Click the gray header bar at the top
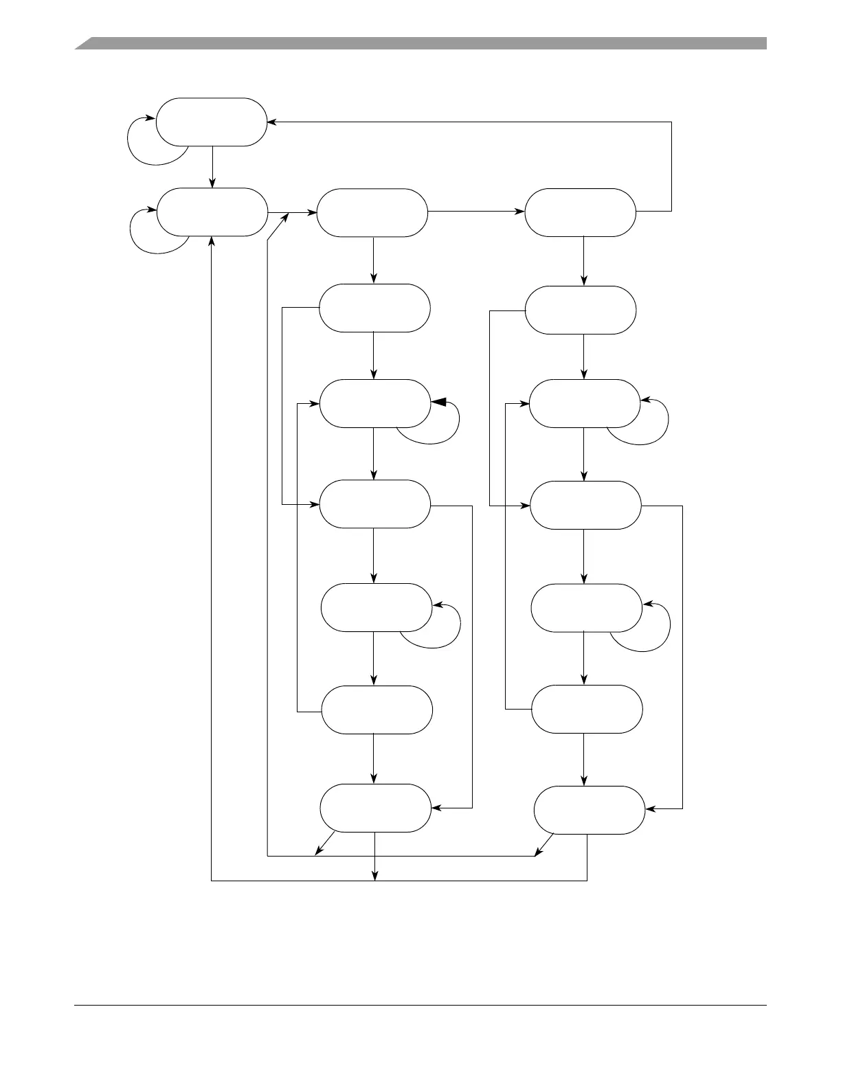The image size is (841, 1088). pyautogui.click(x=420, y=44)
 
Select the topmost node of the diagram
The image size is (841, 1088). pyautogui.click(x=211, y=122)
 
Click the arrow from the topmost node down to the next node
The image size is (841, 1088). pyautogui.click(x=212, y=166)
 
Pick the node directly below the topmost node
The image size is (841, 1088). pyautogui.click(x=212, y=212)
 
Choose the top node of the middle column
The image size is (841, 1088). pyautogui.click(x=372, y=213)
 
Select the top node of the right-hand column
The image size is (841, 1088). pyautogui.click(x=581, y=213)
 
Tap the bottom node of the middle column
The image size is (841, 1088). pyautogui.click(x=375, y=808)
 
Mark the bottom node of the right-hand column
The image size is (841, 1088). pyautogui.click(x=590, y=810)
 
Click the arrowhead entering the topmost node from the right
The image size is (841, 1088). pyautogui.click(x=271, y=122)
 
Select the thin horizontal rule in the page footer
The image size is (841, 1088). pyautogui.click(x=420, y=1006)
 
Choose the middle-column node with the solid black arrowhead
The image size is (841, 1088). pyautogui.click(x=374, y=403)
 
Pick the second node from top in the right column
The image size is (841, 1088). pyautogui.click(x=581, y=310)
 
